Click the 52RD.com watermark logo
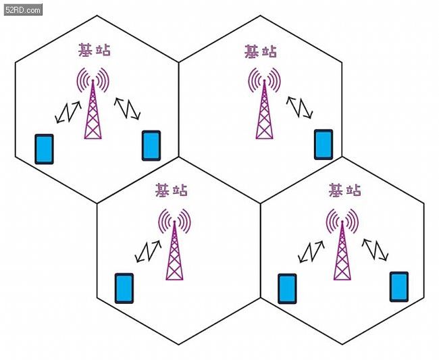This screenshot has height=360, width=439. pyautogui.click(x=23, y=9)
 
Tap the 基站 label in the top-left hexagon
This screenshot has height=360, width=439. pyautogui.click(x=95, y=50)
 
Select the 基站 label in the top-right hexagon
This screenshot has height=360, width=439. pyautogui.click(x=261, y=51)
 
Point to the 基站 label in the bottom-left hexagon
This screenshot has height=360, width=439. pyautogui.click(x=172, y=190)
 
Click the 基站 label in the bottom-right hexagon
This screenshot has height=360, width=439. pyautogui.click(x=344, y=190)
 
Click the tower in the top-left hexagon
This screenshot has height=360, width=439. pyautogui.click(x=93, y=103)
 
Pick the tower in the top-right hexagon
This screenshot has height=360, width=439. pyautogui.click(x=264, y=103)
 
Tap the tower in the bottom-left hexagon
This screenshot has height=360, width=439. pyautogui.click(x=174, y=244)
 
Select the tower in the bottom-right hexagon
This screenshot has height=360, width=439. pyautogui.click(x=342, y=244)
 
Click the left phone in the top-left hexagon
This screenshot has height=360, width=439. pyautogui.click(x=44, y=149)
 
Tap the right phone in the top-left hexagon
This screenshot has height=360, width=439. pyautogui.click(x=151, y=146)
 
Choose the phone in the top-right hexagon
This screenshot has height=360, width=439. pyautogui.click(x=324, y=145)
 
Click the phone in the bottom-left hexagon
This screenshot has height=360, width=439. pyautogui.click(x=124, y=288)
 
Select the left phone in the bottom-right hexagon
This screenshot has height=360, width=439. pyautogui.click(x=287, y=288)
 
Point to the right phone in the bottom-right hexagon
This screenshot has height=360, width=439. pyautogui.click(x=399, y=286)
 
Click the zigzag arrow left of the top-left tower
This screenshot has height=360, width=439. pyautogui.click(x=68, y=112)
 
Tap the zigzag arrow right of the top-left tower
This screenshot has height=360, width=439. pyautogui.click(x=127, y=108)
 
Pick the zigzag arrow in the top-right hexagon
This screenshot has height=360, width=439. pyautogui.click(x=299, y=107)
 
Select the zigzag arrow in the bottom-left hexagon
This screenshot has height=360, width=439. pyautogui.click(x=149, y=251)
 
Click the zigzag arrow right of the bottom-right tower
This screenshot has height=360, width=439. pyautogui.click(x=375, y=250)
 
